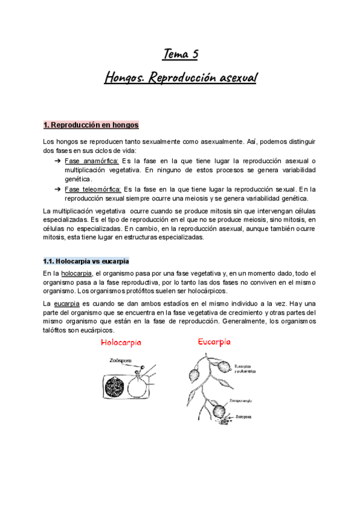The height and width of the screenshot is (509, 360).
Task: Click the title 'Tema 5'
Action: pyautogui.click(x=180, y=55)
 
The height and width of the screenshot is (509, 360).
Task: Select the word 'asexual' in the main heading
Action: pyautogui.click(x=232, y=78)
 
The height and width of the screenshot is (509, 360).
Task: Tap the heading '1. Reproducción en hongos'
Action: pyautogui.click(x=91, y=125)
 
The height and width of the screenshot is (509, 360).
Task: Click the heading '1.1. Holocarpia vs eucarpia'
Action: pyautogui.click(x=86, y=262)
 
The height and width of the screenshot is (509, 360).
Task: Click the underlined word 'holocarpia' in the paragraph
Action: pyautogui.click(x=77, y=274)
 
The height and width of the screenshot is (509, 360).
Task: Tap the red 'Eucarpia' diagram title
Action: pyautogui.click(x=214, y=342)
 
